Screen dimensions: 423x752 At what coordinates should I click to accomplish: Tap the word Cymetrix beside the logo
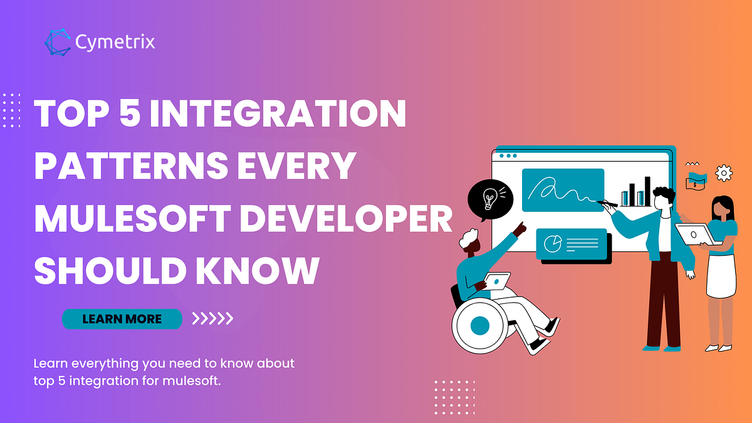click(115, 43)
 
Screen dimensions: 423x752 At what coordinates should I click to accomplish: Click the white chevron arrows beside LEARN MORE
click(212, 319)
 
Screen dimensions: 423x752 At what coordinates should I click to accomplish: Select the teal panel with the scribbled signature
click(562, 189)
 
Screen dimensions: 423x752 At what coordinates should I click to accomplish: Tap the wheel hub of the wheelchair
click(479, 325)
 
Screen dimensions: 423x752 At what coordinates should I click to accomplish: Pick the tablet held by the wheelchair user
click(498, 281)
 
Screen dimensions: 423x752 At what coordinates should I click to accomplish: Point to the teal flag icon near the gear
click(696, 175)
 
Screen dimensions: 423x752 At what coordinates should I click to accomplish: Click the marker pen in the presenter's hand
click(607, 203)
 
